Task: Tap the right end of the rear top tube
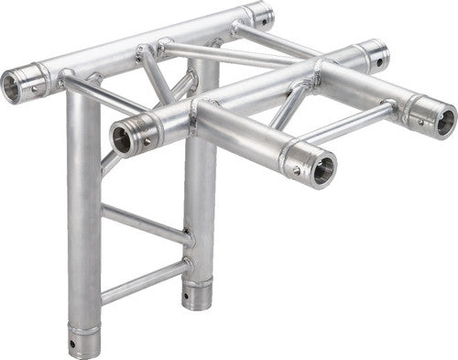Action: (260, 15)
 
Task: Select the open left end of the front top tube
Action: (122, 139)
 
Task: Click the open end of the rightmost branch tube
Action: (443, 120)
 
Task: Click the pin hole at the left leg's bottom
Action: (73, 346)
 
